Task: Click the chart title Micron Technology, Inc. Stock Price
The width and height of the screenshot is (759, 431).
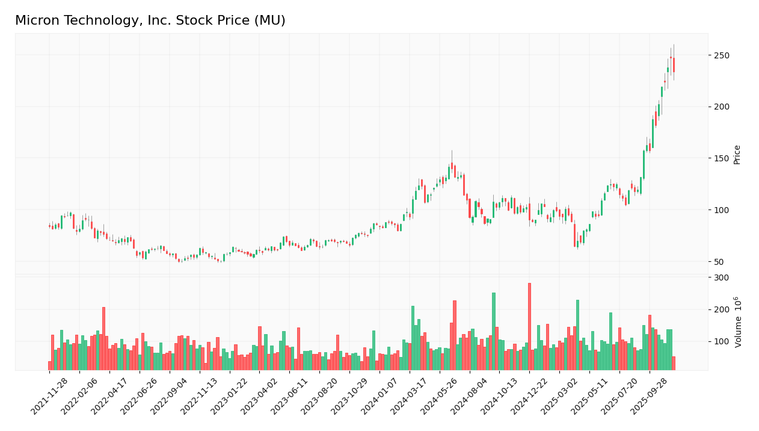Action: [x=150, y=21]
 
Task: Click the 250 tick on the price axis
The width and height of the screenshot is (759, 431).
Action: [x=721, y=55]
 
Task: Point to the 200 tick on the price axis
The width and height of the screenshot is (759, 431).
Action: [x=721, y=107]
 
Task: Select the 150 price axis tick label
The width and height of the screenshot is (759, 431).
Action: [x=721, y=158]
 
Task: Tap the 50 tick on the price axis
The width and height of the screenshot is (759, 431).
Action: [x=719, y=262]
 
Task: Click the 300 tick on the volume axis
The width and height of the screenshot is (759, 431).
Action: [x=721, y=278]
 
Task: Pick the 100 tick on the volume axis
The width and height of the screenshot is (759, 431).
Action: [x=721, y=342]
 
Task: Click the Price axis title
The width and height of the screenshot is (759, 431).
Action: [x=737, y=155]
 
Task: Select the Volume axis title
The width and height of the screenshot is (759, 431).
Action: [x=738, y=322]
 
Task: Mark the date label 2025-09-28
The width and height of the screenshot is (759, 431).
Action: [x=651, y=397]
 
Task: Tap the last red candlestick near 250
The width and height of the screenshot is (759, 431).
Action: [x=674, y=65]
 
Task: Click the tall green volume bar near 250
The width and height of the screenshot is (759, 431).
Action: [x=494, y=331]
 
